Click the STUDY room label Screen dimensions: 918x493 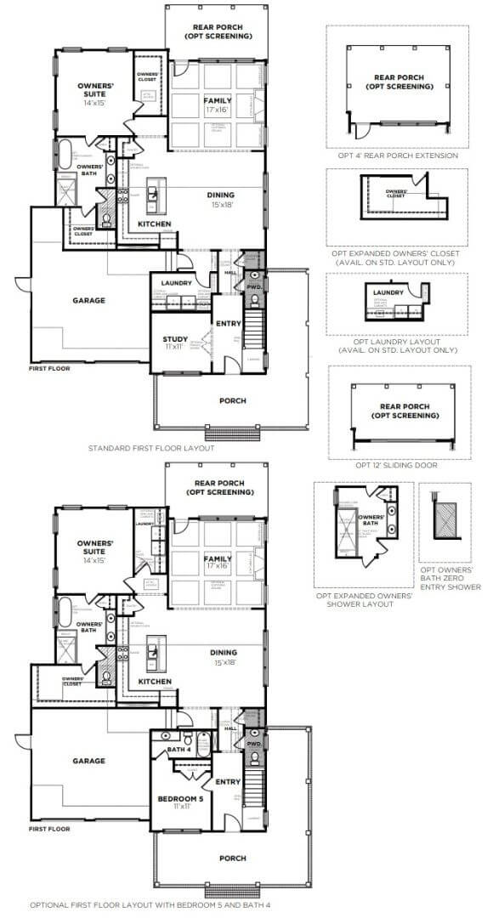click(x=175, y=341)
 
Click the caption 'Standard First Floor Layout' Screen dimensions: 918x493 click(x=151, y=447)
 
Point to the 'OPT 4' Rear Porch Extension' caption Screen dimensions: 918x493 click(x=397, y=156)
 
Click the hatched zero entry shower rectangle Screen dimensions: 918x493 click(x=445, y=516)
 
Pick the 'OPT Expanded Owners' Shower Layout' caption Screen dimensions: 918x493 click(x=364, y=600)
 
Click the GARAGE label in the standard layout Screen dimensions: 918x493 click(x=89, y=300)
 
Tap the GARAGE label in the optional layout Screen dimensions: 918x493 click(x=89, y=761)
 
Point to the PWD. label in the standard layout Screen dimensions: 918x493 click(x=255, y=286)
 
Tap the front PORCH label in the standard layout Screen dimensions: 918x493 click(x=232, y=400)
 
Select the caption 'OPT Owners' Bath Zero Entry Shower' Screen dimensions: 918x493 click(x=450, y=578)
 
